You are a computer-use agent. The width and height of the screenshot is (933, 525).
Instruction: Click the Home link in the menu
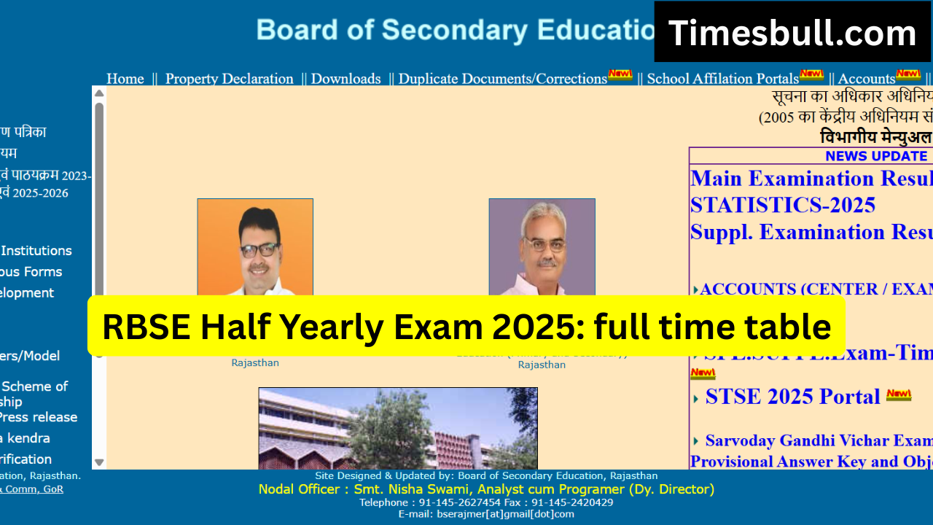point(125,79)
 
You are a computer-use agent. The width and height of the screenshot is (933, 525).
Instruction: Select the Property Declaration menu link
point(229,79)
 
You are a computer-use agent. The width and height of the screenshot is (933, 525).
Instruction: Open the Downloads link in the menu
point(346,79)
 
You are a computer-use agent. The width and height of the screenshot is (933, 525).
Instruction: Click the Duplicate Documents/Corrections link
point(502,79)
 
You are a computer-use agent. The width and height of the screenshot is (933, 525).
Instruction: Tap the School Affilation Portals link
point(722,79)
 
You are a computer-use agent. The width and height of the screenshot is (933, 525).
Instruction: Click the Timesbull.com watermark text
point(792,33)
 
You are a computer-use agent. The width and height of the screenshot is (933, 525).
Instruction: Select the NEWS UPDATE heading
point(875,156)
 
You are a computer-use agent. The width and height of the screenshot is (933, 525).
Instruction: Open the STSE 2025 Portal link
point(792,397)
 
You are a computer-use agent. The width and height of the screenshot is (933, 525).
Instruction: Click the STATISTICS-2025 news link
point(782,205)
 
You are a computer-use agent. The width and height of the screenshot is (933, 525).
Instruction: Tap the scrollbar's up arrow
point(99,93)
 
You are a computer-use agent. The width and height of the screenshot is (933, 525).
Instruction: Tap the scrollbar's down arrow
point(99,462)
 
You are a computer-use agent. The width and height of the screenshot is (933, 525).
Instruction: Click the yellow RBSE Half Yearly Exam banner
point(466,326)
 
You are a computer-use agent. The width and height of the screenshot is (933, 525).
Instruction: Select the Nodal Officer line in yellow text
point(486,489)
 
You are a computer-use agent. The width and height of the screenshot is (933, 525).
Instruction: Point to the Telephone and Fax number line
point(486,502)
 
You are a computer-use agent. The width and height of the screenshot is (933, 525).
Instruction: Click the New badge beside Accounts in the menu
point(908,74)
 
